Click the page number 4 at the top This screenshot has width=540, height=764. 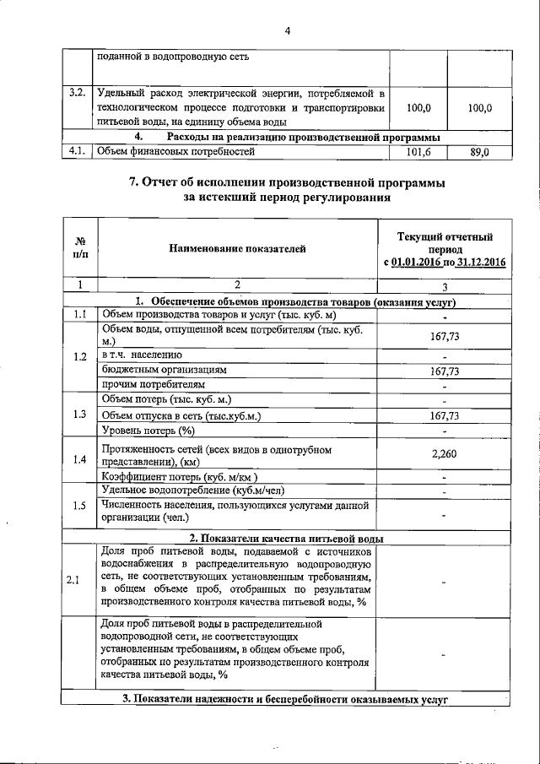coord(287,31)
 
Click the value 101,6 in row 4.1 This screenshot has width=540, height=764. coord(418,153)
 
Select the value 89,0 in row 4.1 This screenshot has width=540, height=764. coord(479,153)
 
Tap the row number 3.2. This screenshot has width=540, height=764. coord(78,93)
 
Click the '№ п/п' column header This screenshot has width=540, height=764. coord(80,248)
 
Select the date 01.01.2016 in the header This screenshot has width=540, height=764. coord(419,263)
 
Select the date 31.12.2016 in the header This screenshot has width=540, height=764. coord(478,263)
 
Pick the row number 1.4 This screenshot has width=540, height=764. coord(79,459)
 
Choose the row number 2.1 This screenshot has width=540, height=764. coord(73,578)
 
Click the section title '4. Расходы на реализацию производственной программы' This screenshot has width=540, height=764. coord(287,138)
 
